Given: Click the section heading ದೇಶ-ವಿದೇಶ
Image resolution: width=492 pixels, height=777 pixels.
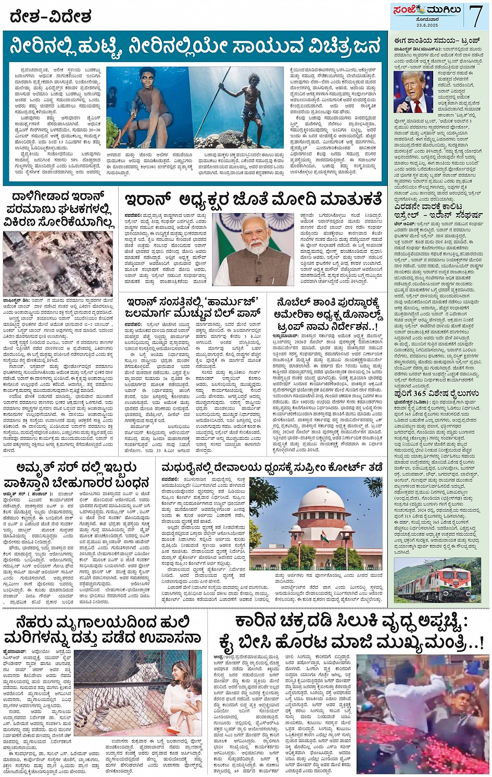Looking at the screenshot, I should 51,17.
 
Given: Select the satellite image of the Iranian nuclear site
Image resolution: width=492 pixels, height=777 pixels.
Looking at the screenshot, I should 57,263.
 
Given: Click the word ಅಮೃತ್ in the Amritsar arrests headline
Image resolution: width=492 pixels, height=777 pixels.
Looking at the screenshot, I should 37,467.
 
